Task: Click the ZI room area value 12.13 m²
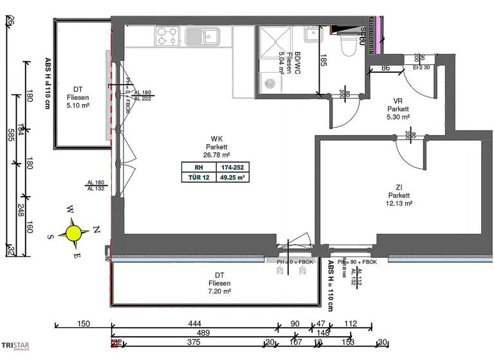[399, 203]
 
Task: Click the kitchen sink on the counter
[196, 35]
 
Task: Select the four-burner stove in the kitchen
[166, 36]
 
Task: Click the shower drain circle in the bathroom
[270, 82]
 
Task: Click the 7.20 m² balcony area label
[215, 291]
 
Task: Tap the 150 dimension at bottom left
[83, 323]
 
